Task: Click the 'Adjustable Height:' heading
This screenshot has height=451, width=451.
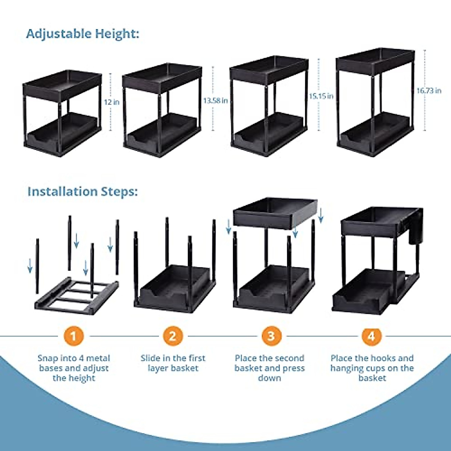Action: click(83, 34)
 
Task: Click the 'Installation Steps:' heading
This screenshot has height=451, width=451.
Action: click(83, 192)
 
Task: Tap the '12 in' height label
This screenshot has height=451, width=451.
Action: click(112, 102)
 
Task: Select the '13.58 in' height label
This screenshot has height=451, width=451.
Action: click(215, 101)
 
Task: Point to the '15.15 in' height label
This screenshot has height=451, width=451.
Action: click(321, 96)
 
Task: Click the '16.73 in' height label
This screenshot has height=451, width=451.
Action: click(428, 91)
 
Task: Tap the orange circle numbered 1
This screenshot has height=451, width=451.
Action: click(73, 336)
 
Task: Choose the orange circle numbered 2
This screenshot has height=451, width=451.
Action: click(173, 336)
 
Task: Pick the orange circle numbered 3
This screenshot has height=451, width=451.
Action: click(271, 336)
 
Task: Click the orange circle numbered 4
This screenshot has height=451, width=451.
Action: click(371, 336)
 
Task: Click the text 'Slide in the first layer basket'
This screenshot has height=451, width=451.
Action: click(173, 363)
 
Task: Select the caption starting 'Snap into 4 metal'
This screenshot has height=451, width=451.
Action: click(74, 368)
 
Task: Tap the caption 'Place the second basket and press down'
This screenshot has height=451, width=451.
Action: click(270, 368)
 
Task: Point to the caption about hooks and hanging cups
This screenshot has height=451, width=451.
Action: click(372, 368)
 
